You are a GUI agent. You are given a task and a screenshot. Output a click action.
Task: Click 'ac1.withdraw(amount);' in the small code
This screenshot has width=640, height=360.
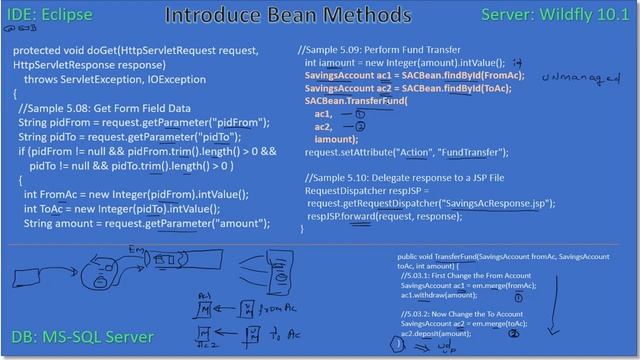pos(438,296)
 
